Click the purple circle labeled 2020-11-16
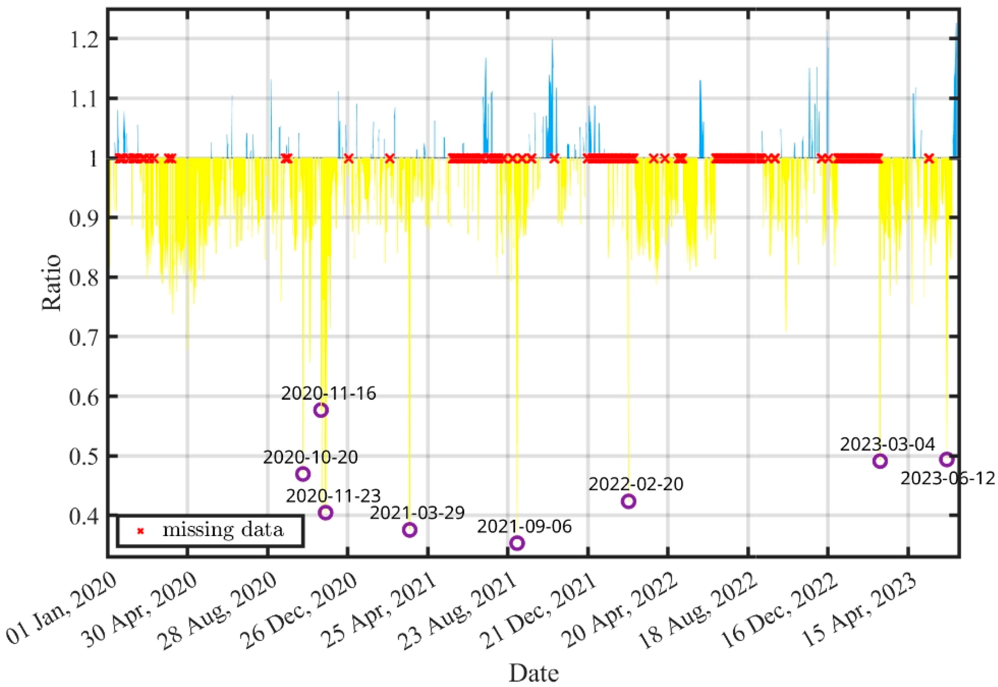point(321,410)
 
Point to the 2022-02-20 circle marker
point(628,501)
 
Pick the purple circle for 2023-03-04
point(880,461)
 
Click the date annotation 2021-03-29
point(417,513)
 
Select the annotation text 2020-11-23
point(333,496)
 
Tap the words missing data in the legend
point(223,530)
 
